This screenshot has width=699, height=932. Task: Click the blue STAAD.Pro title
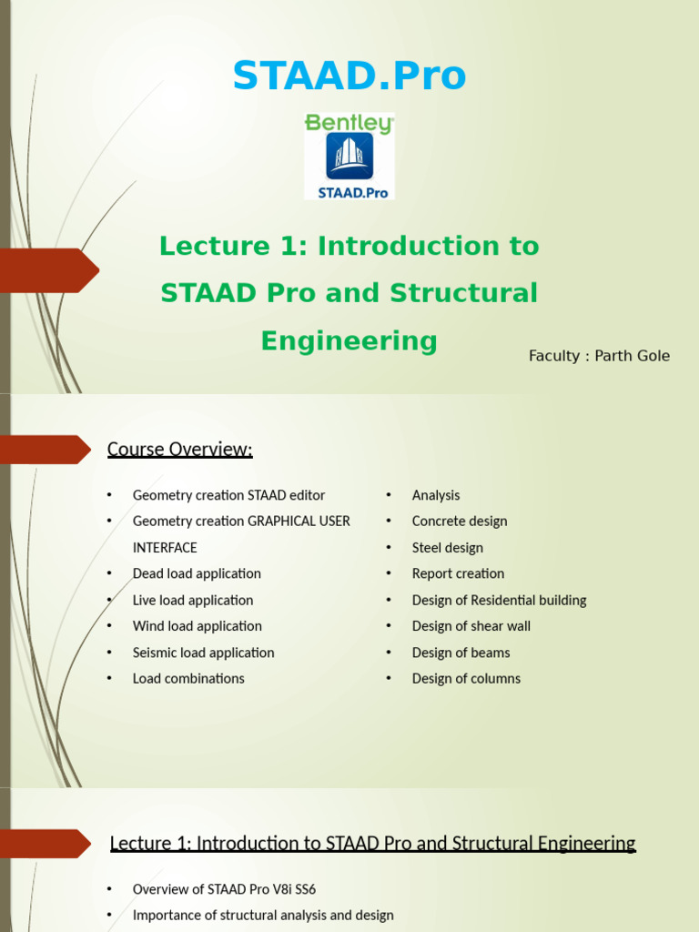(349, 76)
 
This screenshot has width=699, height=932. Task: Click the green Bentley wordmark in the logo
(349, 124)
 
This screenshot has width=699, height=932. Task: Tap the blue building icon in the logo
(349, 157)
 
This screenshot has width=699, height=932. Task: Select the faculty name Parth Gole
(632, 356)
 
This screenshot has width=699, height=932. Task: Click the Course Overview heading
(179, 450)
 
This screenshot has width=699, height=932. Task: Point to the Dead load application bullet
(197, 573)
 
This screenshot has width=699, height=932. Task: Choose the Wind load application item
(197, 626)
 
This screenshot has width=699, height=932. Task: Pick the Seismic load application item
(203, 653)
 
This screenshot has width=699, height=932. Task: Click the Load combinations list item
(188, 678)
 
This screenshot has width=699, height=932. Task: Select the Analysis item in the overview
(436, 495)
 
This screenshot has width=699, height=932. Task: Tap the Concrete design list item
(460, 522)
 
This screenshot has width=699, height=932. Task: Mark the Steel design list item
(448, 548)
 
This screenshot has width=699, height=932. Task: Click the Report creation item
(458, 573)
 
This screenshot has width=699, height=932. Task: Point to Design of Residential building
(499, 600)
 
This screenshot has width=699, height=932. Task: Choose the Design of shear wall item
(471, 626)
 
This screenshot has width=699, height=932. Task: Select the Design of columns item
(466, 678)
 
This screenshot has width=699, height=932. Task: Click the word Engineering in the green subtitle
(349, 341)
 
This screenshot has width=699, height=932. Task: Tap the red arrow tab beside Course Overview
(46, 450)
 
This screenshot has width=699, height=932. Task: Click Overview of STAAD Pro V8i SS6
(224, 889)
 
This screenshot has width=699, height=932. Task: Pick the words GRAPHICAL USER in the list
(299, 522)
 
